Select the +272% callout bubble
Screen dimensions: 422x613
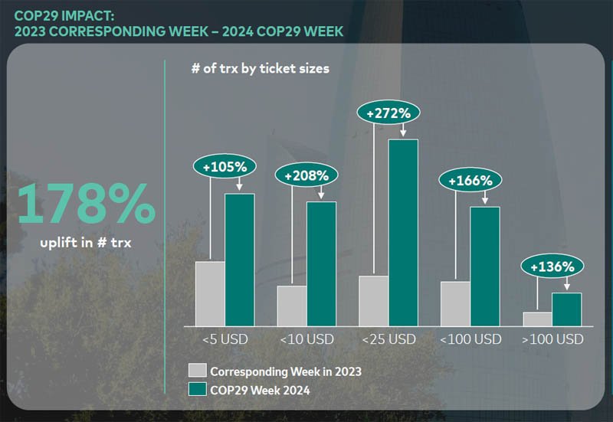[388, 113]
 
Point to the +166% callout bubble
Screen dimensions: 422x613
[470, 181]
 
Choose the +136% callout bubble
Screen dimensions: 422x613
[552, 267]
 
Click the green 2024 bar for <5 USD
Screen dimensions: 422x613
[239, 259]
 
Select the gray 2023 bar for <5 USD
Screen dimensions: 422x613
[210, 293]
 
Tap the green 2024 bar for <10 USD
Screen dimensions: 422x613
[321, 263]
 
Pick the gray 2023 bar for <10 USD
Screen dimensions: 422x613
[292, 306]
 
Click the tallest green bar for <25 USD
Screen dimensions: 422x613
[403, 232]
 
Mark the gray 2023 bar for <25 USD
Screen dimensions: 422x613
[374, 300]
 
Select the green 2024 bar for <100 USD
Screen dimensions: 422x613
[484, 266]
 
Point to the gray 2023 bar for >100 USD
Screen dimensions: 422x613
[537, 319]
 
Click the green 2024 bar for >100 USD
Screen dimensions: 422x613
[566, 309]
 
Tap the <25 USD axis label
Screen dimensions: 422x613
[388, 339]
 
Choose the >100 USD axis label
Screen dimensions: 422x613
[552, 339]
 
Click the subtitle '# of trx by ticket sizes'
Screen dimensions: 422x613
[260, 68]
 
